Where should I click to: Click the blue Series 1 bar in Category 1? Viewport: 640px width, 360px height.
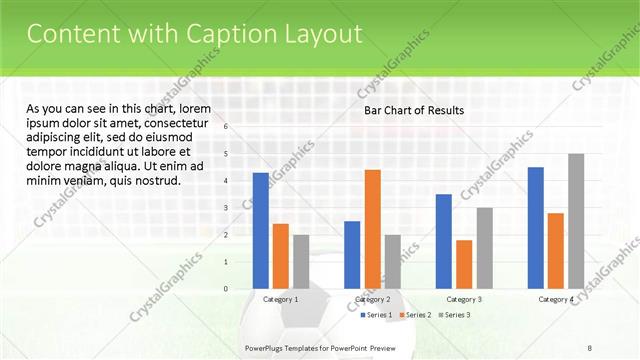click(x=260, y=231)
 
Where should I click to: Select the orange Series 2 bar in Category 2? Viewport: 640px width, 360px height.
click(x=372, y=229)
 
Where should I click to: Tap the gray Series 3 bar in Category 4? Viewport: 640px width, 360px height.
click(x=576, y=221)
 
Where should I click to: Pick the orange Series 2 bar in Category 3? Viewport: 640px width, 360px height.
click(x=464, y=264)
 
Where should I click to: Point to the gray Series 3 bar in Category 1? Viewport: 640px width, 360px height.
click(x=301, y=262)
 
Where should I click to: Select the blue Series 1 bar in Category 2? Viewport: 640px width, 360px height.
click(x=352, y=255)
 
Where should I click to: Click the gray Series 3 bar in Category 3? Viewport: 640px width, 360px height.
click(x=484, y=248)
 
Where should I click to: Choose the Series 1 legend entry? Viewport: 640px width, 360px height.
click(x=376, y=315)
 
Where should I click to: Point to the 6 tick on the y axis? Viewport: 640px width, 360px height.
click(x=226, y=127)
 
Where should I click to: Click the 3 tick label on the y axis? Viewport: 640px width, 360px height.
click(x=226, y=208)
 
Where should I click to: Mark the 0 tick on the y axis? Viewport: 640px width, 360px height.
click(x=226, y=289)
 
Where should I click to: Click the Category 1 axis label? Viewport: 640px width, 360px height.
click(x=280, y=300)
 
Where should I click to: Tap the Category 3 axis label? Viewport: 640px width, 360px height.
click(x=464, y=300)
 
